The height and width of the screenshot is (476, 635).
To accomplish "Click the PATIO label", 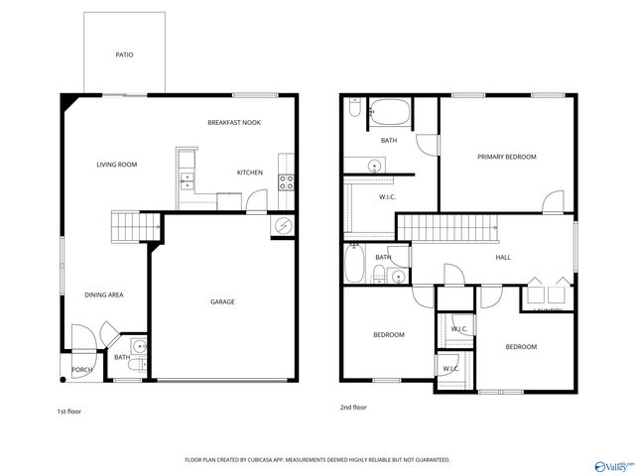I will [x=124, y=56].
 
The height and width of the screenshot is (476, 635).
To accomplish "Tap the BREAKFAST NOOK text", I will [x=234, y=123].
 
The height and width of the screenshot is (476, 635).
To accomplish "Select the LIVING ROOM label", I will [x=116, y=165].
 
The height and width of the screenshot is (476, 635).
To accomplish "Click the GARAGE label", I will [x=221, y=301].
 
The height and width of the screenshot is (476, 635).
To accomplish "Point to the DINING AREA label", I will [x=103, y=295].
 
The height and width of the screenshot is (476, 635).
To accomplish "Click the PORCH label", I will [x=82, y=370].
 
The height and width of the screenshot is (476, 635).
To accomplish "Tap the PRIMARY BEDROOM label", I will [x=506, y=157].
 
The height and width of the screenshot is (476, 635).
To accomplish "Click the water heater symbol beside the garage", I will [x=283, y=225].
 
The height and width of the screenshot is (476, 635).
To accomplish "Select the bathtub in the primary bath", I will [x=389, y=112].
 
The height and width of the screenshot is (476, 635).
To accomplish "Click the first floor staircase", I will [x=126, y=226].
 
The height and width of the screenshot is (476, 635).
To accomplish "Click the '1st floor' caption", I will [x=69, y=410].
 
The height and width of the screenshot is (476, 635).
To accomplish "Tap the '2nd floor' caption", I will [x=352, y=407].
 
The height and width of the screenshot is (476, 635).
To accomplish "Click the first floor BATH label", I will [x=121, y=358].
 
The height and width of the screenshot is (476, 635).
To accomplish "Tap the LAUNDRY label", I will [x=547, y=310].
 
